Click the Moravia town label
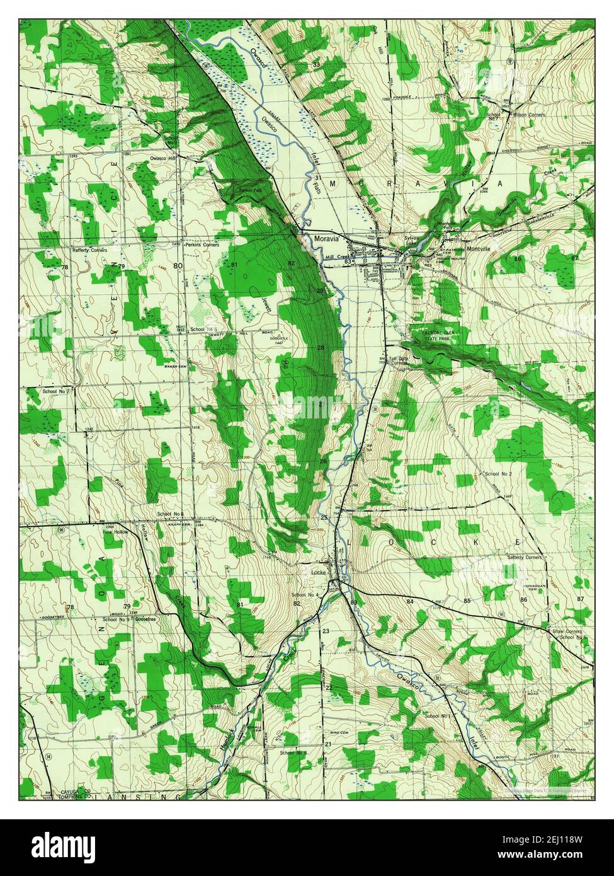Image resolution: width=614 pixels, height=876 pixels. [326, 239]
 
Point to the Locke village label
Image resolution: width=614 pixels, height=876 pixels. [318, 572]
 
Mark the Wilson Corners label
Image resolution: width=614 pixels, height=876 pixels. [529, 115]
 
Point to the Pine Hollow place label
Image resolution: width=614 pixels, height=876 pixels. [115, 532]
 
